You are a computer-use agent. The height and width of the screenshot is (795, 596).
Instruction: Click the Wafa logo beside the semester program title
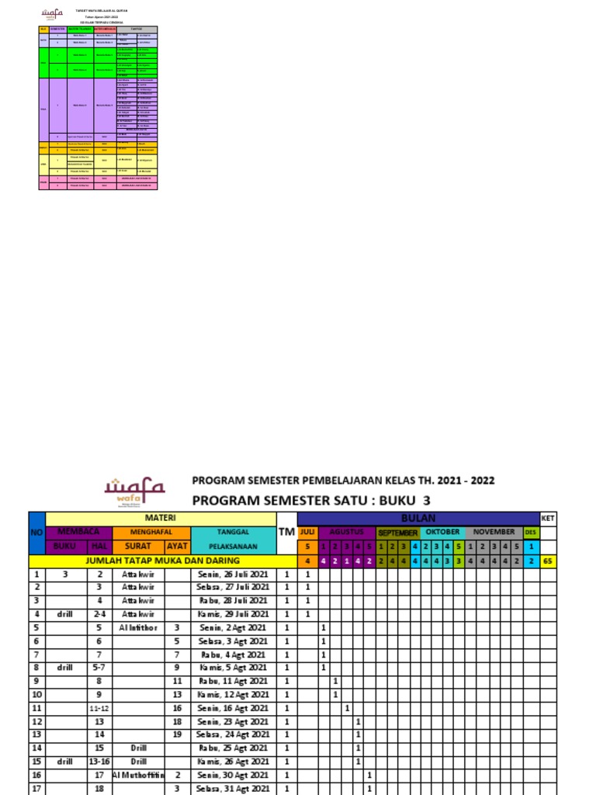[135, 488]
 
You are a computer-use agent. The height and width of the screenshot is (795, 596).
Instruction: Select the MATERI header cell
[161, 518]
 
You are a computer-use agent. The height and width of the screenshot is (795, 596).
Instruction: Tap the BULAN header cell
[418, 518]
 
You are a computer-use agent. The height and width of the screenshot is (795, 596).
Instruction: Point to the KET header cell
[548, 518]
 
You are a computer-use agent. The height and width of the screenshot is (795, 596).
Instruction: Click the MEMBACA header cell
[68, 532]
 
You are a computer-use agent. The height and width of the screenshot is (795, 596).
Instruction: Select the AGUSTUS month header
[346, 532]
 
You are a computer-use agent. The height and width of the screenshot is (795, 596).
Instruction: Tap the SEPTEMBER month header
[398, 533]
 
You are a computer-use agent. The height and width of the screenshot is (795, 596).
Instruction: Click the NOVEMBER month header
[494, 532]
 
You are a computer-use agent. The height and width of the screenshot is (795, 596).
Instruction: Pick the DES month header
[531, 532]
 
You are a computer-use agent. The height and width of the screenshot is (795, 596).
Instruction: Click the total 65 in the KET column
[548, 561]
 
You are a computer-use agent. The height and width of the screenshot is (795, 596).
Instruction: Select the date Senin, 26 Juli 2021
[233, 575]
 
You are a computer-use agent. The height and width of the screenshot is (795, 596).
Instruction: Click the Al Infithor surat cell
[138, 627]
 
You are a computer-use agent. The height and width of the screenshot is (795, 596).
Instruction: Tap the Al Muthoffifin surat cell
[138, 775]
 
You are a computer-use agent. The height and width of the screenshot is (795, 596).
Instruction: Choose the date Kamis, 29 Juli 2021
[233, 614]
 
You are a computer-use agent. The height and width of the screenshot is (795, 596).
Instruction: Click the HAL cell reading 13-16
[99, 762]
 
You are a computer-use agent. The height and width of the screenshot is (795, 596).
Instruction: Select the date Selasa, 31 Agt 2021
[233, 788]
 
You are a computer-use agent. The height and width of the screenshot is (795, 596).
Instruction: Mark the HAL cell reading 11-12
[99, 709]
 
